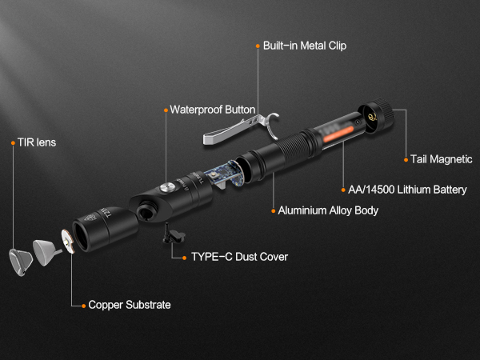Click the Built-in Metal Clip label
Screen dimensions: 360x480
click(x=304, y=46)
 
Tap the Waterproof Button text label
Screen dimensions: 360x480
click(x=212, y=110)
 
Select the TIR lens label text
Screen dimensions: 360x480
click(x=37, y=142)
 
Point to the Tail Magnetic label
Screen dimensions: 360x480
click(x=441, y=159)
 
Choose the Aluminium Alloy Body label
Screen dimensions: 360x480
click(x=328, y=210)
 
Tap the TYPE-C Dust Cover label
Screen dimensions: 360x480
click(x=239, y=257)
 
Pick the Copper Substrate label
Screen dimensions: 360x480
click(x=129, y=305)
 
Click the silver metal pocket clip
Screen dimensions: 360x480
click(x=241, y=131)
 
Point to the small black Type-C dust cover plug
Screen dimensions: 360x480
click(x=172, y=234)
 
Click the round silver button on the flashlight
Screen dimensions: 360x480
click(x=166, y=186)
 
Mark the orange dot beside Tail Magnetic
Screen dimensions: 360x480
click(x=404, y=159)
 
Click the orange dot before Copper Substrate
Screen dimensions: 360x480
click(x=82, y=305)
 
